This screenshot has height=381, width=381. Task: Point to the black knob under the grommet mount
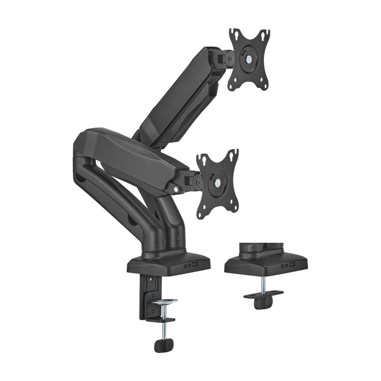pos(261,303)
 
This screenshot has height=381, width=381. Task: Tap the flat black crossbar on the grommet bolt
pos(263,293)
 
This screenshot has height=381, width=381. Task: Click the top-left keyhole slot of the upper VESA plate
pos(233,35)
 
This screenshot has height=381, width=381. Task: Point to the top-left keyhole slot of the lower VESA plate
pos(201,159)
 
